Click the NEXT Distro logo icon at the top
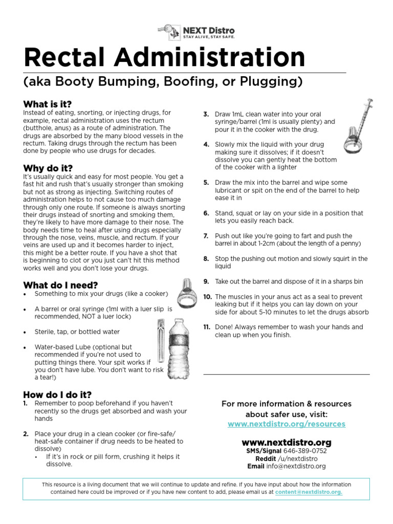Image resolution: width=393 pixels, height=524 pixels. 169,31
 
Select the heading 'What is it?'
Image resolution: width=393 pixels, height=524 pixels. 48,104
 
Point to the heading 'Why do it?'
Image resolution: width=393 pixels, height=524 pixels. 48,168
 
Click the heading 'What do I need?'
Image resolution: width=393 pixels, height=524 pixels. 60,285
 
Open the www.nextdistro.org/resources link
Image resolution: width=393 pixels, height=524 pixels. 287,424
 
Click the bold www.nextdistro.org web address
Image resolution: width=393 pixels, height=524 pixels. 287,442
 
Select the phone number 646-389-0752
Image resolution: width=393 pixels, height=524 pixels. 305,451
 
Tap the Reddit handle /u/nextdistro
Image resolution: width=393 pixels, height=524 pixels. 298,458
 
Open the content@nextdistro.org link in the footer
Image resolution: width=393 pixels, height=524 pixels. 309,492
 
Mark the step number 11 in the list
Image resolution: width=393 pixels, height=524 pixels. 207,327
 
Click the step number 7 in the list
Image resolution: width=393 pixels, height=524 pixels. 206,236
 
